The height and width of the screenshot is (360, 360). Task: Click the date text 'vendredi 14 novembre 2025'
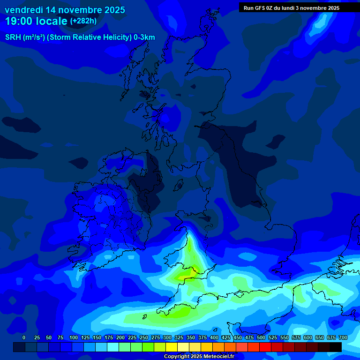65,10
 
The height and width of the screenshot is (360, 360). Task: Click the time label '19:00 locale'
36,21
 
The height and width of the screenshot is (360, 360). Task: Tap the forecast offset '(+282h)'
83,21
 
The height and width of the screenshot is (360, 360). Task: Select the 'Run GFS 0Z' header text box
292,8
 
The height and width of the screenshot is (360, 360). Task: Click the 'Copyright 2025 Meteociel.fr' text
199,357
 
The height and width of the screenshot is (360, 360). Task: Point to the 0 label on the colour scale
24,337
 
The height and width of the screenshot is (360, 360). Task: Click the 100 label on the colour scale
74,337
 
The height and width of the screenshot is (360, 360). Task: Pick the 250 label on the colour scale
144,337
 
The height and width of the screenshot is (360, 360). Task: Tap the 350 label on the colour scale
191,337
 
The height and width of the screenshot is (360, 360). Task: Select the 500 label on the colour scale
261,337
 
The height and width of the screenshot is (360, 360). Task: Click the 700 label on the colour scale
343,337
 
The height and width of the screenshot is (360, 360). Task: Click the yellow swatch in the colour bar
172,347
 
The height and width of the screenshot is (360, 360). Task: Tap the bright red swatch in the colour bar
265,347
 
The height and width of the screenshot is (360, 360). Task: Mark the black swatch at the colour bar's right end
336,347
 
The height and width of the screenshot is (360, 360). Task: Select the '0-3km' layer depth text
144,37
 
